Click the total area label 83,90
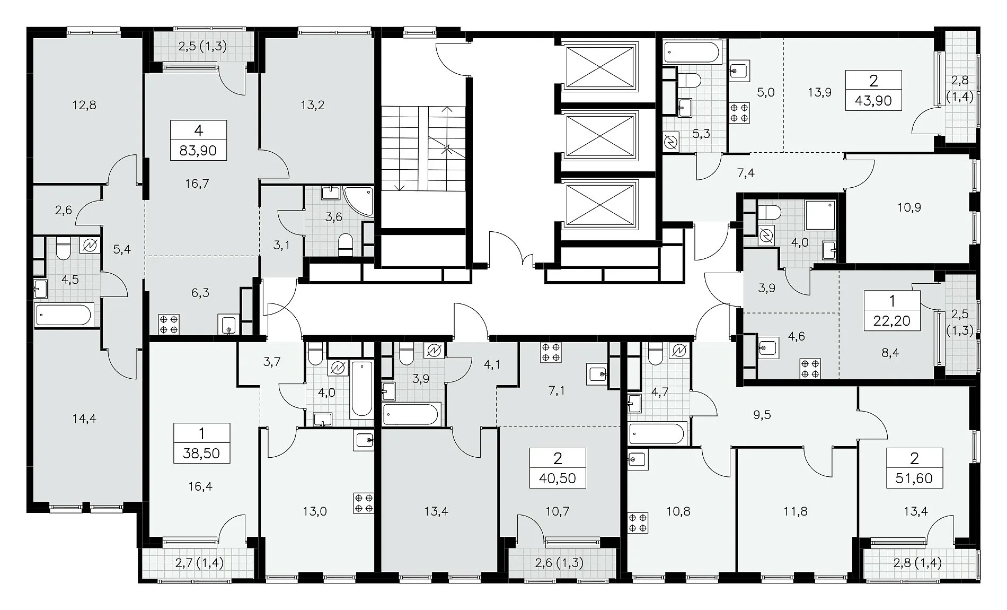click(x=198, y=151)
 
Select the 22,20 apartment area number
click(x=892, y=320)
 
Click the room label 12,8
click(x=84, y=105)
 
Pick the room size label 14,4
click(x=84, y=419)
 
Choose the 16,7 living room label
click(x=198, y=184)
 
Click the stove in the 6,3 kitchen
click(x=169, y=324)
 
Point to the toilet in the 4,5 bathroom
click(x=63, y=248)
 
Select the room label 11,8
click(x=796, y=511)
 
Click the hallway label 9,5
click(x=762, y=415)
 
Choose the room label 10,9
click(x=909, y=207)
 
